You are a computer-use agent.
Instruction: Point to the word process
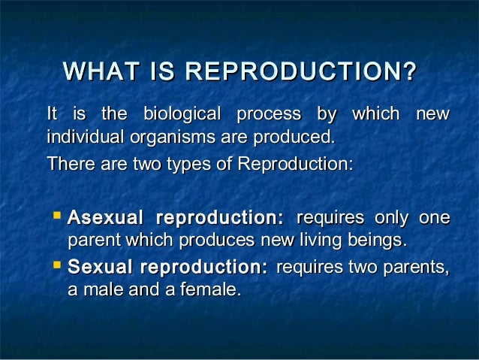(x=269, y=115)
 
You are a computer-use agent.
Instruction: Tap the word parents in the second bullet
(x=422, y=267)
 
